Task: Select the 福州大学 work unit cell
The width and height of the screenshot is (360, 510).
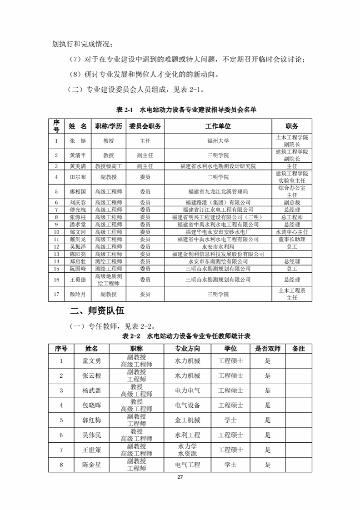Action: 218,141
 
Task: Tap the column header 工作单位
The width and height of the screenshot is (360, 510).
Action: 218,126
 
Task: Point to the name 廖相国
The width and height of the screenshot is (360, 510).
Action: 77,191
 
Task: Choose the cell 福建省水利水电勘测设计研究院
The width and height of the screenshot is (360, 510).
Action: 218,166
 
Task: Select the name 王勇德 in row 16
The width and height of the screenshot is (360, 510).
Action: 77,280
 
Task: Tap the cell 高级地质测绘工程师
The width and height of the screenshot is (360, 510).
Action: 109,280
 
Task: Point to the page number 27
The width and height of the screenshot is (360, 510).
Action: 180,477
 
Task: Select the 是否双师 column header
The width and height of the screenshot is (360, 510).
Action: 268,349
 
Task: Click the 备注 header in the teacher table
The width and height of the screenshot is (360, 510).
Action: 298,349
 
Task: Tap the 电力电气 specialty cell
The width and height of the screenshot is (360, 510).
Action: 187,390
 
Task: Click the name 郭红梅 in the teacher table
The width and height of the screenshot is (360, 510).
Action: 91,420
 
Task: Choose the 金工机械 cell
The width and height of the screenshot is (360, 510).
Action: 187,420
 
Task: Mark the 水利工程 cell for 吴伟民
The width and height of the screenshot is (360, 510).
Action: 187,435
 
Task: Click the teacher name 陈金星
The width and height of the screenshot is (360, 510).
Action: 91,465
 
